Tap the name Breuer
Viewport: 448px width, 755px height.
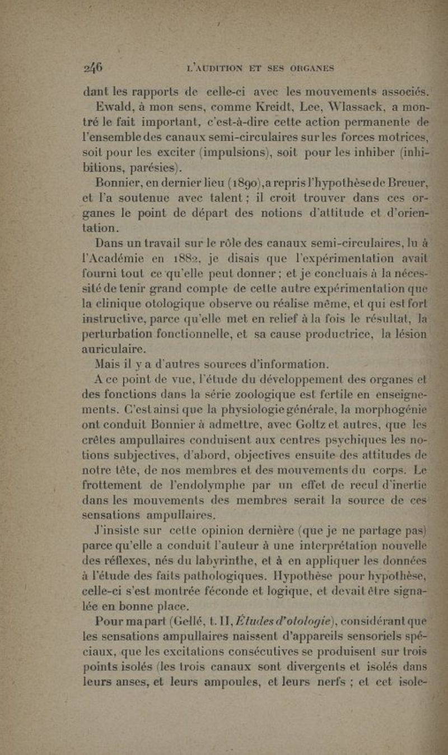[405, 181]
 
